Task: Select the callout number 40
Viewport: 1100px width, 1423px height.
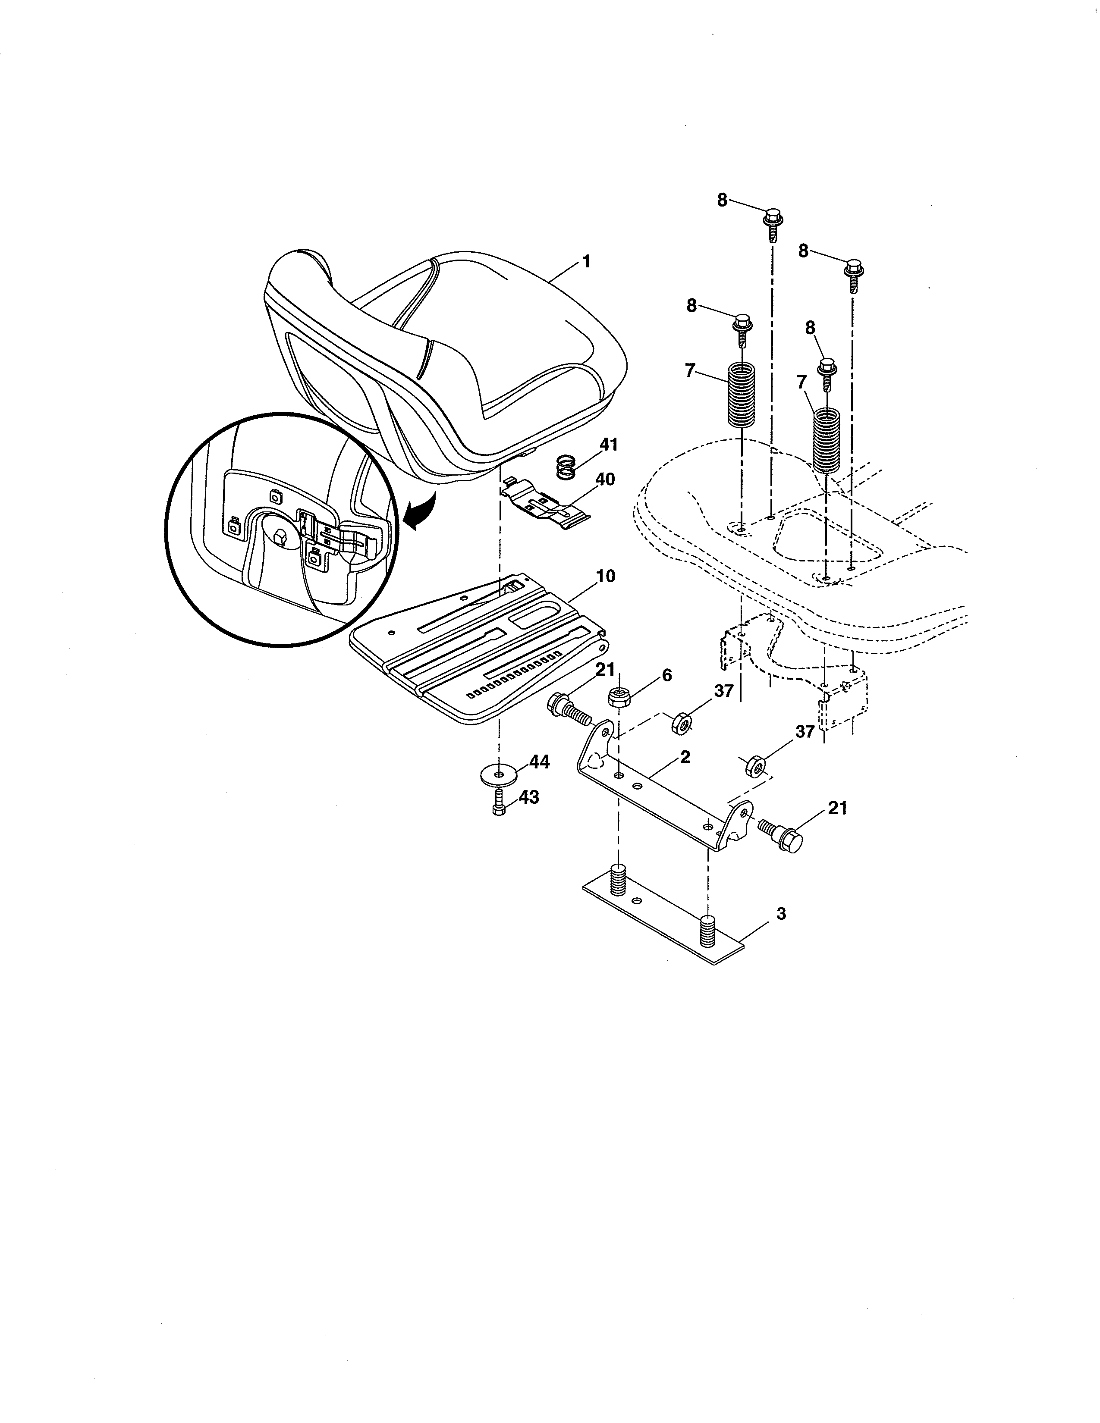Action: [x=605, y=480]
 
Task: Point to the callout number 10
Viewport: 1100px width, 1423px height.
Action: [x=605, y=576]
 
